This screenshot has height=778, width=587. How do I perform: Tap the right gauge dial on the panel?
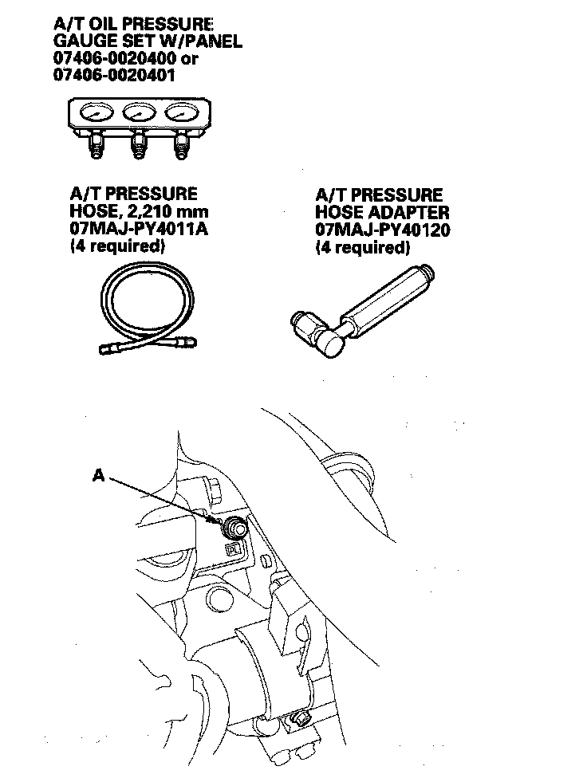[x=181, y=115]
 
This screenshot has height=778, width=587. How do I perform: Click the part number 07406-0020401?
[x=114, y=76]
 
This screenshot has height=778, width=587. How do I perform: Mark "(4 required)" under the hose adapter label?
[x=363, y=248]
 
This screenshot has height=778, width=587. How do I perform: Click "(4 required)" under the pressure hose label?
[x=118, y=247]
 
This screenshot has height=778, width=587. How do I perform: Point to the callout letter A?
[x=98, y=474]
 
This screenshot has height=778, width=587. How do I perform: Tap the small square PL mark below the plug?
[x=234, y=548]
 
